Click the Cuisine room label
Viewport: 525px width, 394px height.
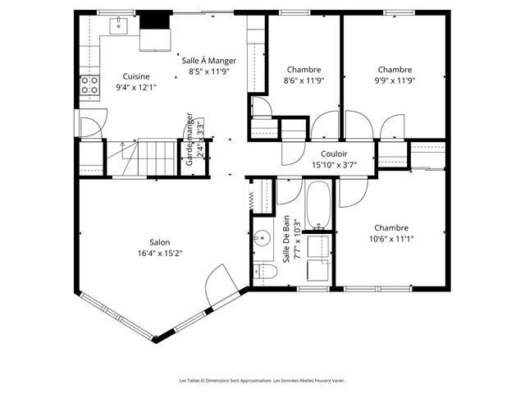[136, 76]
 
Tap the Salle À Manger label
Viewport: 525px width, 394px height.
[209, 61]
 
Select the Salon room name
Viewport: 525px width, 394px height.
[160, 242]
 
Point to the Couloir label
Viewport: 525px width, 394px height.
[334, 153]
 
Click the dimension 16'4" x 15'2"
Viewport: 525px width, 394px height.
[160, 253]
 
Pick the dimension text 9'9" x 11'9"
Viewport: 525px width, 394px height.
[395, 80]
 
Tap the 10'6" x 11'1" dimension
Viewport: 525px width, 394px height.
[391, 239]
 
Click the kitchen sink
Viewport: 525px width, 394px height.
[118, 25]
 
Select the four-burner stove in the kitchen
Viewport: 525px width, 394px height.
[89, 85]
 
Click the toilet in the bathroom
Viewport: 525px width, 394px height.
[265, 272]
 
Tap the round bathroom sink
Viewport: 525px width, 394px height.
[262, 239]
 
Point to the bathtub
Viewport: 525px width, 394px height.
[318, 206]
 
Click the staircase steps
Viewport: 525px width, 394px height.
[157, 158]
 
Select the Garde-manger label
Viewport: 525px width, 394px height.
[189, 140]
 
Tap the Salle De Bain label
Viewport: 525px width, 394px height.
[286, 239]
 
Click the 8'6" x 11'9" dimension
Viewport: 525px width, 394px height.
[304, 80]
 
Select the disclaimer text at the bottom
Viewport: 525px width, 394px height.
[262, 381]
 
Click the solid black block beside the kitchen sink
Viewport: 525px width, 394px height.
[154, 20]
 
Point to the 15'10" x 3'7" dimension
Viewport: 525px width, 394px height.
[334, 164]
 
